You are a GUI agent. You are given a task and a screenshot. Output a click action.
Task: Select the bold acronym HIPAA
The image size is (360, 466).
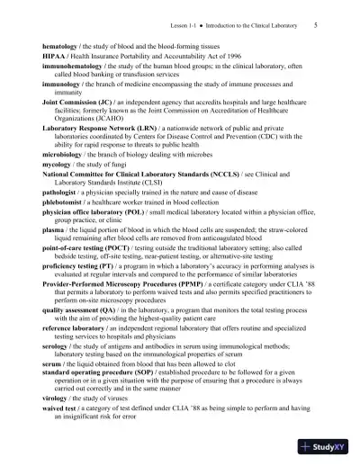(x=57, y=54)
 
